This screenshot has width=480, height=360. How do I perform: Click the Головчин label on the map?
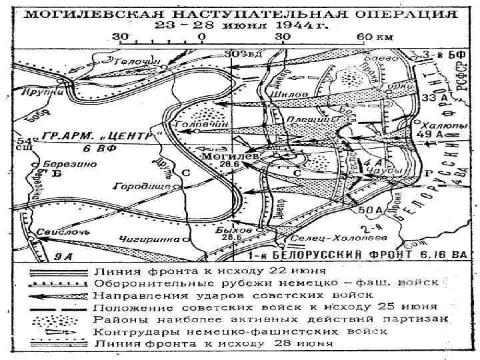(x=196, y=124)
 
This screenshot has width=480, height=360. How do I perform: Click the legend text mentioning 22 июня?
(x=210, y=271)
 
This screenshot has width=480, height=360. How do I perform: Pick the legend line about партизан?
(x=267, y=319)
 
